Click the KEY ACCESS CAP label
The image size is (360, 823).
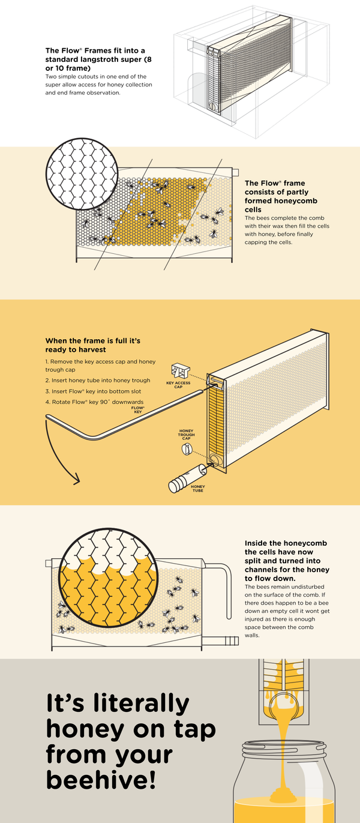click(x=178, y=385)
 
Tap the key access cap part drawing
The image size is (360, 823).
click(x=181, y=371)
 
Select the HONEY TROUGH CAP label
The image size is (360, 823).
click(x=186, y=434)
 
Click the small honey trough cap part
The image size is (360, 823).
click(x=187, y=449)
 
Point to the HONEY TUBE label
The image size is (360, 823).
click(x=197, y=488)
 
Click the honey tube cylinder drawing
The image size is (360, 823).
click(x=187, y=478)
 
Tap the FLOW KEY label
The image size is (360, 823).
click(x=138, y=409)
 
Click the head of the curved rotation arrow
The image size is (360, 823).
click(x=76, y=479)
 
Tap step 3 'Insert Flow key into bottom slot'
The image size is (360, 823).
click(x=94, y=391)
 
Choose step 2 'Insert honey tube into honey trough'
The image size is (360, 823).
click(x=98, y=380)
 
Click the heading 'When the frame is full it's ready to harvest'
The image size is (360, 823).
click(x=93, y=345)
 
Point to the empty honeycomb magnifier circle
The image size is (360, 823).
click(x=82, y=174)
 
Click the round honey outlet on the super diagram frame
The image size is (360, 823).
click(x=213, y=106)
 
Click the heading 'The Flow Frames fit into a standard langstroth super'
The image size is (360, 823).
click(x=98, y=59)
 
